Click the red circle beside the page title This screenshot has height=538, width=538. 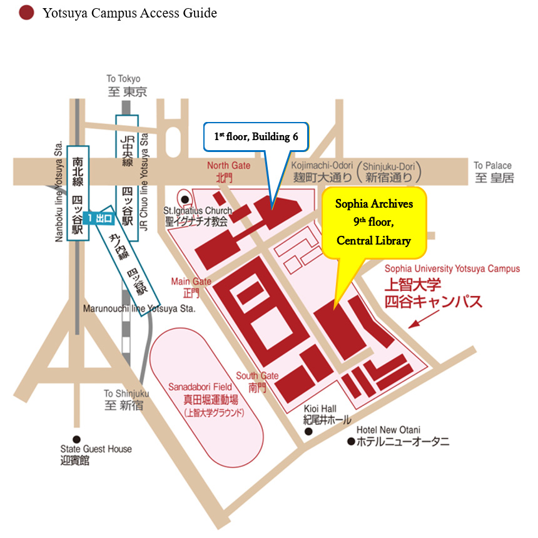pos(26,13)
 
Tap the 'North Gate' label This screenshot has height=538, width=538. pos(228,166)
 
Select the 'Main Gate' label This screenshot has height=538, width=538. pos(191,282)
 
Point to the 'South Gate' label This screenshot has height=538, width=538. pos(257,376)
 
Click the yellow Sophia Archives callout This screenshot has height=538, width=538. pos(373,222)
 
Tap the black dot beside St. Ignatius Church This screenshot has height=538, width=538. pos(185,200)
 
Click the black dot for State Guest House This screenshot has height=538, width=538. pos(76,439)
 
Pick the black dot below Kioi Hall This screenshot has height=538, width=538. pos(308,432)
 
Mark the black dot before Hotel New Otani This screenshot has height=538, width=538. pos(351,442)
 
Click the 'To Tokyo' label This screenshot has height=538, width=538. pos(123,79)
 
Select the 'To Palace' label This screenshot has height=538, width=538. pos(492,166)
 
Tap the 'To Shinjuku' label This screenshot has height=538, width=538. pos(126,393)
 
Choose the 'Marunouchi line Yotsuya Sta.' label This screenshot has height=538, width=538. pos(140,309)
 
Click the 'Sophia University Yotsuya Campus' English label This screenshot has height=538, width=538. pos(452,269)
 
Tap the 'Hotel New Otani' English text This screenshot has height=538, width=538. pos(388,430)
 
